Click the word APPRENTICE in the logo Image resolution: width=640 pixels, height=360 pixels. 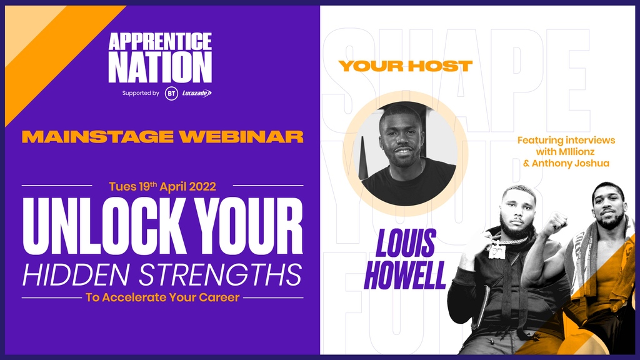(160, 42)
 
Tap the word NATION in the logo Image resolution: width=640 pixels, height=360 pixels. (160, 67)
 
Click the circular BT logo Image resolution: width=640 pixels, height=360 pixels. (171, 94)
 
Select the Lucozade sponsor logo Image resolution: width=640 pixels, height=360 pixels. (196, 94)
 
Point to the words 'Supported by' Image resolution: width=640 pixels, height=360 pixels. (141, 94)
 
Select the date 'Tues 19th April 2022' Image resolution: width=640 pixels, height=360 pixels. (162, 186)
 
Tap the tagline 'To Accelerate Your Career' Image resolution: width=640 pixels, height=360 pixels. (162, 297)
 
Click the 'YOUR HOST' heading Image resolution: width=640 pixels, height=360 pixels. (405, 66)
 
